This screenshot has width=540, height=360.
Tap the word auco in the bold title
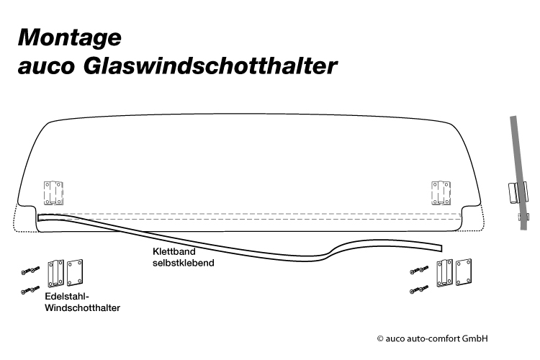pos(46,66)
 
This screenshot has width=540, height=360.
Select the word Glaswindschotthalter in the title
pos(210,65)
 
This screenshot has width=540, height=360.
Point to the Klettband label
pos(174,251)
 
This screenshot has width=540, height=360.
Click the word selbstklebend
pos(183,263)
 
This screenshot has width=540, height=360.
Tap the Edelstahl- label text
pos(67,297)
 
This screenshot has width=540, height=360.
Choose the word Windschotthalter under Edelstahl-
pos(82,308)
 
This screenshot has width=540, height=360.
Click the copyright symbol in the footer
pos(380,339)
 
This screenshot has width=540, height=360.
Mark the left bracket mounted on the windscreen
pos(53,193)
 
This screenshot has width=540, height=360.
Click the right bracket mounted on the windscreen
pos(441,193)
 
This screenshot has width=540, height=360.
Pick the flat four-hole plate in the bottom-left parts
pos(75,273)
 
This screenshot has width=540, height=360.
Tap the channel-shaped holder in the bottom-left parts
pos(55,274)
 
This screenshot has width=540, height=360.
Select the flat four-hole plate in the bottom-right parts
pos(464,272)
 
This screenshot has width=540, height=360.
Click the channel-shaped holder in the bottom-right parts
pos(445,273)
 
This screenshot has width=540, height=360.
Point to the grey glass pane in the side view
pos(518,173)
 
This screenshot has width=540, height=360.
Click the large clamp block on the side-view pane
pos(518,192)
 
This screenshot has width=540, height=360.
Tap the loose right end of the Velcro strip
pos(441,248)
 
